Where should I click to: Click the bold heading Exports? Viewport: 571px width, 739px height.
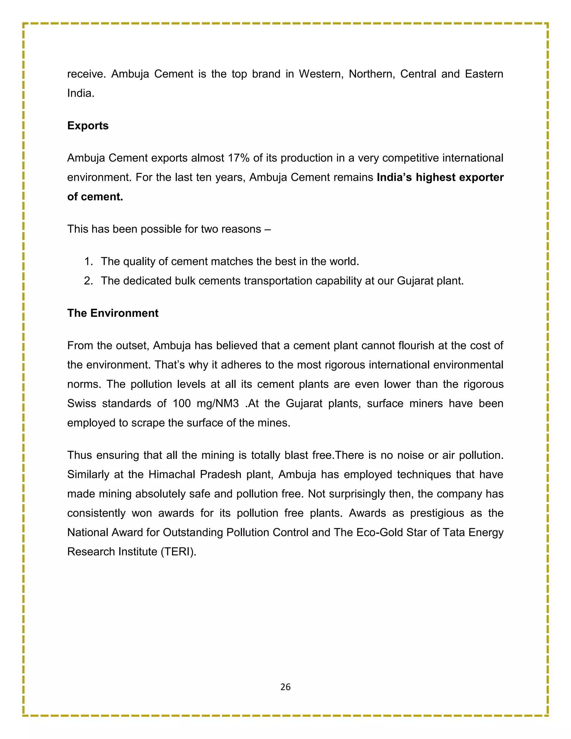pos(88,125)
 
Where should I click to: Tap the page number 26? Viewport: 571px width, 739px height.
pos(285,687)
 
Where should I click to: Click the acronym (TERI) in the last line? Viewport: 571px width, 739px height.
pos(178,552)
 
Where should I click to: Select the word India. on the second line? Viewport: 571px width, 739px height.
pos(81,93)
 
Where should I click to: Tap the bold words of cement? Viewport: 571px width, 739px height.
pos(95,197)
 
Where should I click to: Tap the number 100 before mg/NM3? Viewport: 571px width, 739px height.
pos(182,404)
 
